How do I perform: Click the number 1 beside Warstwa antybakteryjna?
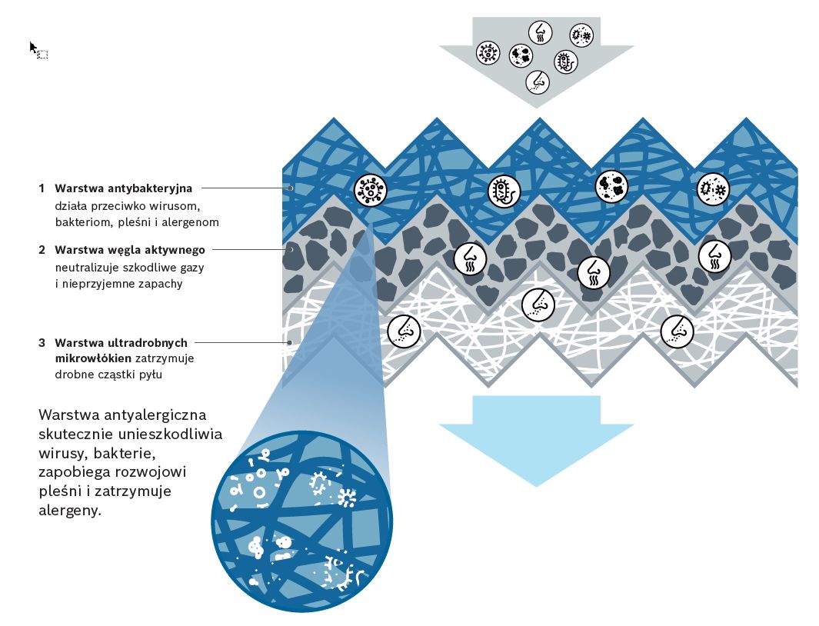pos(42,187)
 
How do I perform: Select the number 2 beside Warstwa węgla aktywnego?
pos(42,250)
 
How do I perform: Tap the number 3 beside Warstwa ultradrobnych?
pos(42,342)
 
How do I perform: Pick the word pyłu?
pos(149,375)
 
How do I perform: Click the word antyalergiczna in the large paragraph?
pos(158,415)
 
